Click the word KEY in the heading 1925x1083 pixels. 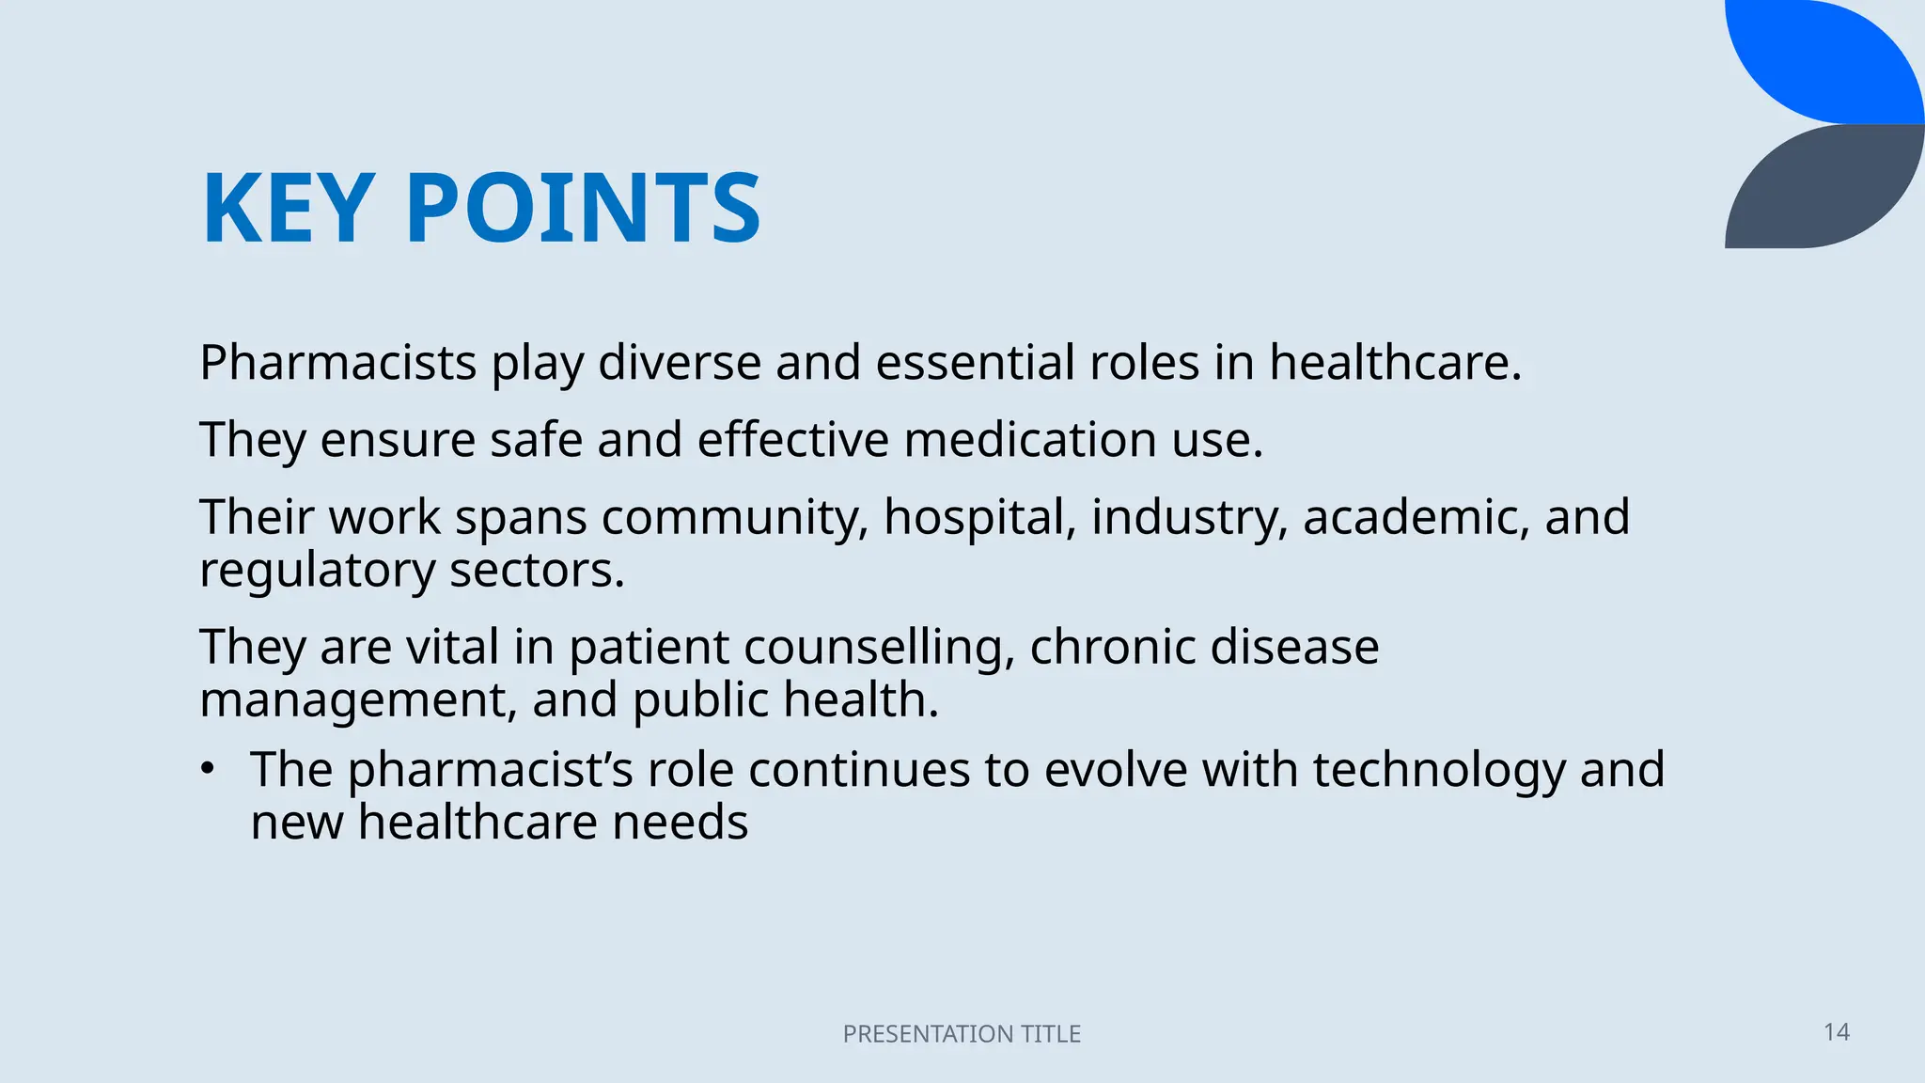coord(289,209)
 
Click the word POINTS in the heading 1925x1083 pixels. coord(583,209)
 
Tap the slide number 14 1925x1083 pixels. coord(1836,1032)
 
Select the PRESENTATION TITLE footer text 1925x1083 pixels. coord(962,1034)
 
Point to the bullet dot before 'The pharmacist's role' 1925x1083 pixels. coord(208,769)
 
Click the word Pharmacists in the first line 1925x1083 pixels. coord(338,363)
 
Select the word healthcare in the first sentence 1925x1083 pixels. coord(1395,363)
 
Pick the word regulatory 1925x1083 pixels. coord(318,572)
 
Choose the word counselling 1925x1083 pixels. coord(879,647)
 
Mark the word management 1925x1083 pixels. coord(358,701)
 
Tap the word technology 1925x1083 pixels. coord(1439,770)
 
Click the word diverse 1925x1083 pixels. coord(679,363)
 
